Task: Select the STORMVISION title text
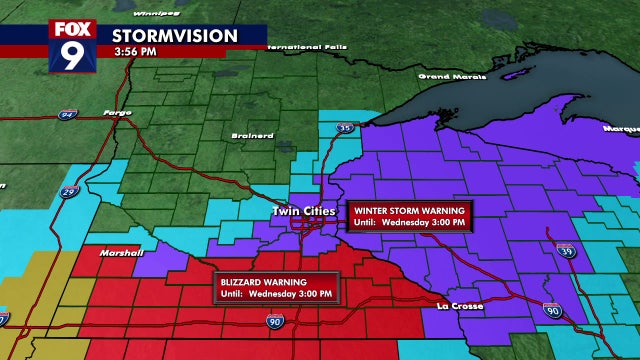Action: coord(175,36)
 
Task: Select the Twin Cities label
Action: coord(301,212)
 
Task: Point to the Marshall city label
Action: coord(121,253)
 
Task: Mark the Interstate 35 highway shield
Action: coord(343,127)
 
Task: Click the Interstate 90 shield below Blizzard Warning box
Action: coord(275,321)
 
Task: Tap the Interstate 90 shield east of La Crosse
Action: coord(552,311)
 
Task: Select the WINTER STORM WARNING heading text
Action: coord(409,211)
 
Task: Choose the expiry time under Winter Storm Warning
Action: coord(409,223)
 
